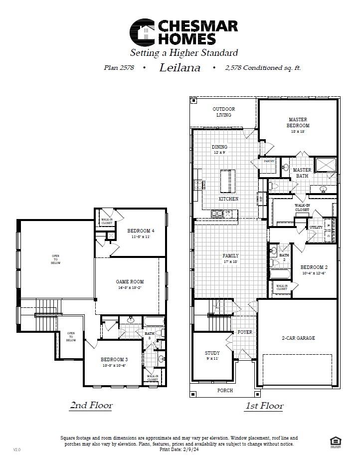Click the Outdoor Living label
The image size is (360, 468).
coord(223,112)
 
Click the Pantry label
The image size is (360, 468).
coord(269,161)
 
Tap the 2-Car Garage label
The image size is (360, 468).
coord(299,338)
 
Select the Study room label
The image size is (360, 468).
coord(212,355)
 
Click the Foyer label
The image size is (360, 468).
coord(244,332)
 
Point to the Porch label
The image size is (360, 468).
coord(225,391)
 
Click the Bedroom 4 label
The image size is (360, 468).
coord(141,231)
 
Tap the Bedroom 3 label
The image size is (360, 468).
coord(114,360)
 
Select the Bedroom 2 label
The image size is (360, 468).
coord(314,267)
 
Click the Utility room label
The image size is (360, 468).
coord(316,227)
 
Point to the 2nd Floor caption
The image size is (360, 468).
coord(91,406)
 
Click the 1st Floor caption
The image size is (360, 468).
coord(264,406)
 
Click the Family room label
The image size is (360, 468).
coord(230,256)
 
